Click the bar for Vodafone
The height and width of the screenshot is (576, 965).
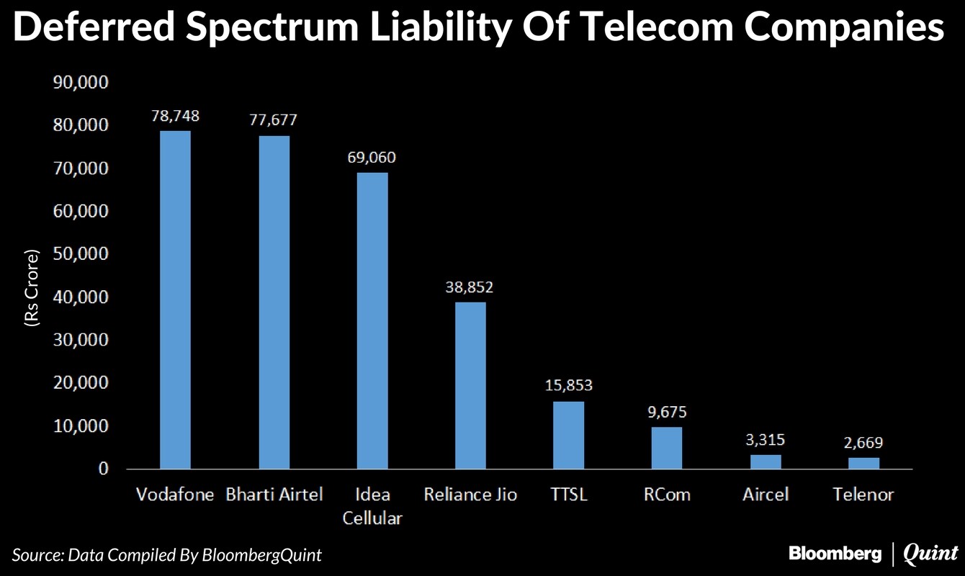point(175,300)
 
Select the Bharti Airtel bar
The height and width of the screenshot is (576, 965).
point(274,302)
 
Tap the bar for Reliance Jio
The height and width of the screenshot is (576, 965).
point(470,385)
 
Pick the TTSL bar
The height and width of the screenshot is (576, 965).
point(568,435)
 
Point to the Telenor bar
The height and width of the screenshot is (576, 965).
point(863,463)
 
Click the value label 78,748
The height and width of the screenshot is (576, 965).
point(175,116)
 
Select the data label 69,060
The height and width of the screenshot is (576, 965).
point(372,158)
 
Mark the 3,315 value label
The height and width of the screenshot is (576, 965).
point(766,440)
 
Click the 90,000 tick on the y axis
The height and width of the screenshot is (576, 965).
point(81,83)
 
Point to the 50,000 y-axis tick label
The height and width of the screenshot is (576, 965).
point(81,254)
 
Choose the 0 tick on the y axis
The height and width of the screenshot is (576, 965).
point(103,469)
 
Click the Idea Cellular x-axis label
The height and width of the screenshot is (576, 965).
point(372,506)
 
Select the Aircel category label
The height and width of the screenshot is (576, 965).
point(766,495)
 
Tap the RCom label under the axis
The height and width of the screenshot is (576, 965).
point(667,495)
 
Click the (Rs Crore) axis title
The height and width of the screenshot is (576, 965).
point(32,289)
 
